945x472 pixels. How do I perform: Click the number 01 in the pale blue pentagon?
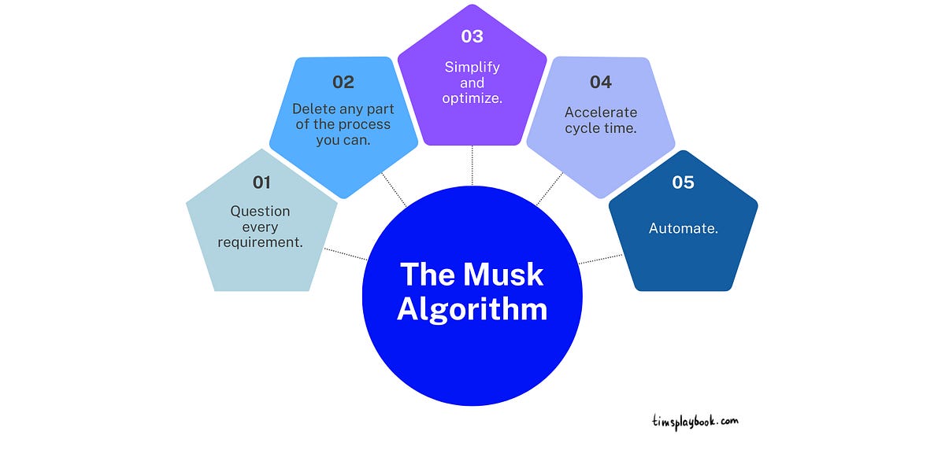[261, 183]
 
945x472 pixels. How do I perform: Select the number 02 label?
[343, 82]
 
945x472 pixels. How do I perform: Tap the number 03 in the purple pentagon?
[472, 36]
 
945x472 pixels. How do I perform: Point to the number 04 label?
[601, 82]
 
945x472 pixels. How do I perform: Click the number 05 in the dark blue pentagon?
[683, 183]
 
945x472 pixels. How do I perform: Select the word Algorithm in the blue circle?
[472, 308]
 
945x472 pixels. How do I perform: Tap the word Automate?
[683, 228]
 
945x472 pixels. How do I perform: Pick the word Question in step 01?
[260, 211]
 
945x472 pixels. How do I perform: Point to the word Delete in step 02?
[313, 109]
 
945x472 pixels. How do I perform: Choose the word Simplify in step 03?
[472, 67]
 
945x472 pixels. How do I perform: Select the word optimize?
[472, 98]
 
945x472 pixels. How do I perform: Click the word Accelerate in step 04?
[601, 112]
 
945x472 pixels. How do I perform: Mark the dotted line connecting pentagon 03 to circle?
[472, 165]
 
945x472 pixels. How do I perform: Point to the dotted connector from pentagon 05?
[600, 258]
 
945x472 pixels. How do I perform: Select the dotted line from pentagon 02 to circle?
[394, 190]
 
